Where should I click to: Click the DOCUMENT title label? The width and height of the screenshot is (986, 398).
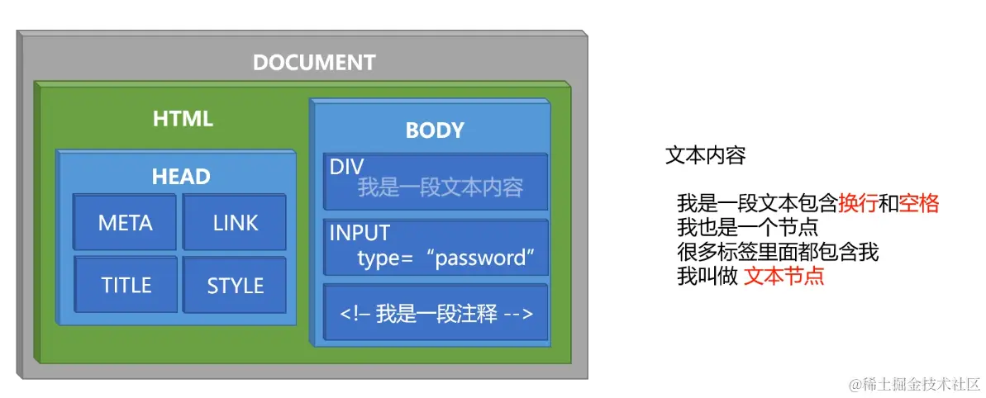314,63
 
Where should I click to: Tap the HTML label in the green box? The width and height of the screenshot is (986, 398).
183,119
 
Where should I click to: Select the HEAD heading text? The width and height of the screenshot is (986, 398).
181,176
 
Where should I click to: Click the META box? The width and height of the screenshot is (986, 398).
125,223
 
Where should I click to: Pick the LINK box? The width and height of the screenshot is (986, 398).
235,223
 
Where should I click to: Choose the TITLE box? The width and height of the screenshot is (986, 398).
126,286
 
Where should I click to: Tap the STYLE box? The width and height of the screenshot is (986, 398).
235,286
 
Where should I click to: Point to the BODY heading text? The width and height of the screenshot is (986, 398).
435,130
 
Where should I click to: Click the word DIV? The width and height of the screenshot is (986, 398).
346,167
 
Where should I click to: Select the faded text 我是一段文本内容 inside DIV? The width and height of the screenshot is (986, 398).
440,187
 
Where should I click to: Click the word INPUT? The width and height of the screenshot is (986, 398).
360,234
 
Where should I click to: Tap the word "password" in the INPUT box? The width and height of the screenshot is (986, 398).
480,258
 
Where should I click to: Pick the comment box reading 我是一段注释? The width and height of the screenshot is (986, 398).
436,314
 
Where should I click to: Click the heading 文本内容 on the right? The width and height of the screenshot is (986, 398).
705,156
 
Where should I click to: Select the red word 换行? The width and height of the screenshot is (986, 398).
858,203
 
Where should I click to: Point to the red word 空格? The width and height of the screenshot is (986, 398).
919,203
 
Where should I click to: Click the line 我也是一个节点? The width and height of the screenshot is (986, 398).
747,227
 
